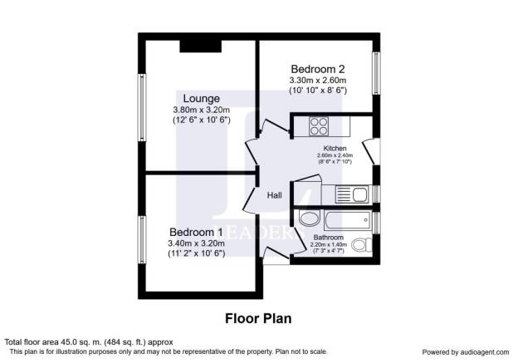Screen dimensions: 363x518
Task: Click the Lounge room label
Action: [194, 97]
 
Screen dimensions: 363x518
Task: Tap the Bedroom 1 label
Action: [196, 232]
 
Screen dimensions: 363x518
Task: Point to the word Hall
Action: [274, 195]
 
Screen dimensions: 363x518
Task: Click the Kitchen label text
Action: [335, 148]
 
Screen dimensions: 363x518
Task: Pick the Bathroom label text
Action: [330, 237]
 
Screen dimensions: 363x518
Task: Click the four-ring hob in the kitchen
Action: [320, 126]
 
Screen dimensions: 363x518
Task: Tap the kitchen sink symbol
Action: [353, 194]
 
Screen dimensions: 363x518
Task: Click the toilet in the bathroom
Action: [361, 245]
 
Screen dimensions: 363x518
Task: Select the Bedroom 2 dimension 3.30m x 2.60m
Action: [317, 80]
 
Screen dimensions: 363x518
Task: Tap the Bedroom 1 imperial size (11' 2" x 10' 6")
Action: [196, 254]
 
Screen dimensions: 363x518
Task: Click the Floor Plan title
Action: [258, 317]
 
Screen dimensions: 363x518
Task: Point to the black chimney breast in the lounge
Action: [198, 45]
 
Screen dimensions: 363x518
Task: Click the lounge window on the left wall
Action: [142, 108]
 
